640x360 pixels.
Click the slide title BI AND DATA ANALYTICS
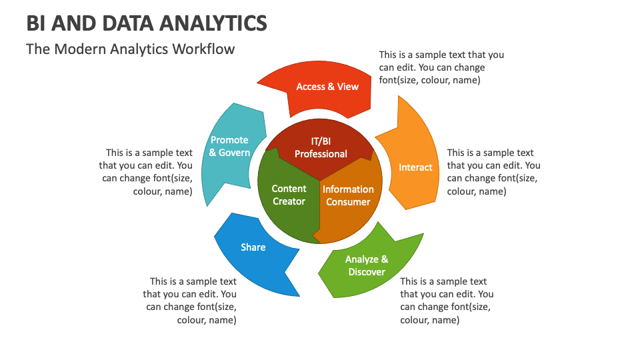coord(147,23)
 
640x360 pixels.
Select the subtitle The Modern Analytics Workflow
coord(131,49)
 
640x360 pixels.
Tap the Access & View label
coord(327,87)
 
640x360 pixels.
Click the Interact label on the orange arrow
coord(415,167)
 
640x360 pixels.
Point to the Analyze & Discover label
coord(367,265)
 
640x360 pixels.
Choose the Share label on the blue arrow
coord(253,247)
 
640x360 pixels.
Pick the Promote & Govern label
coord(229,146)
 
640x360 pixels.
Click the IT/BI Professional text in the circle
coord(321,147)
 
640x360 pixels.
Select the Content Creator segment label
coord(289,195)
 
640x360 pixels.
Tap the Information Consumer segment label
coord(348,195)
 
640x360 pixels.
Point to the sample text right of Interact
coord(493,172)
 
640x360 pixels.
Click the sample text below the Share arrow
coord(191,301)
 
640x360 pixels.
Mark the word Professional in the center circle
coord(321,154)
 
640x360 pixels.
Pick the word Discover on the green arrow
coord(367,272)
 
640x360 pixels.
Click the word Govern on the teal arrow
coord(235,153)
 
